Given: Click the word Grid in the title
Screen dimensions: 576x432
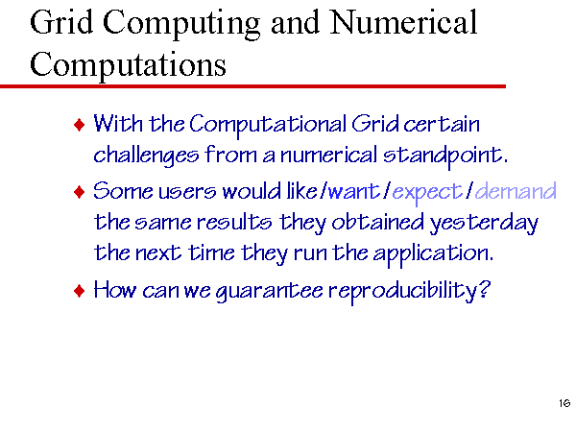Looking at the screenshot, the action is click(x=61, y=22).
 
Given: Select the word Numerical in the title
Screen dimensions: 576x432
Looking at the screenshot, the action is click(x=403, y=22).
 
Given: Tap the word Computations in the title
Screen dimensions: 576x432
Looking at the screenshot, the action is click(x=128, y=64).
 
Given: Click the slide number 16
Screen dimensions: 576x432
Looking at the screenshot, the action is click(x=564, y=403).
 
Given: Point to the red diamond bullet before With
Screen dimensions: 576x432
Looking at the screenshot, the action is click(x=80, y=125).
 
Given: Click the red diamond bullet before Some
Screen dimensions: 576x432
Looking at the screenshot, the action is click(x=80, y=192).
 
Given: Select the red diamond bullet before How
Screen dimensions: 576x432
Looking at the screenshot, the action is click(x=80, y=291).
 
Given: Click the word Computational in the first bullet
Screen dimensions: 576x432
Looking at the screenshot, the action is click(x=268, y=125).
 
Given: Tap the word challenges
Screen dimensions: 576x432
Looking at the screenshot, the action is click(x=146, y=155).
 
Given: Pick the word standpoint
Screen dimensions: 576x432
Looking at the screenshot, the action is click(x=445, y=156).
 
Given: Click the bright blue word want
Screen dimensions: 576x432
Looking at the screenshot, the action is click(x=353, y=192).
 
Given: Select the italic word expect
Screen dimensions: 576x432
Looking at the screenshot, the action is click(x=427, y=193).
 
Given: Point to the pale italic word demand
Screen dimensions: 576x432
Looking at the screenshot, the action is click(x=516, y=191).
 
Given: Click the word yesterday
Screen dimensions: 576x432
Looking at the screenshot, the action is click(x=484, y=224).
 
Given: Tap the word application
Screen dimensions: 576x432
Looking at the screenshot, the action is click(x=434, y=254).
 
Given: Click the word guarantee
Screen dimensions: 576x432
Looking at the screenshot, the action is click(x=269, y=292).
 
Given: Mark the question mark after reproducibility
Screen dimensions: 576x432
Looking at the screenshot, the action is click(x=485, y=289).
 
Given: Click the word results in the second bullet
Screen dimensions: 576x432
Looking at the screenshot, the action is click(x=234, y=223).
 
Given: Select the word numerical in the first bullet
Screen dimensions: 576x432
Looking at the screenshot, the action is click(x=328, y=155).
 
